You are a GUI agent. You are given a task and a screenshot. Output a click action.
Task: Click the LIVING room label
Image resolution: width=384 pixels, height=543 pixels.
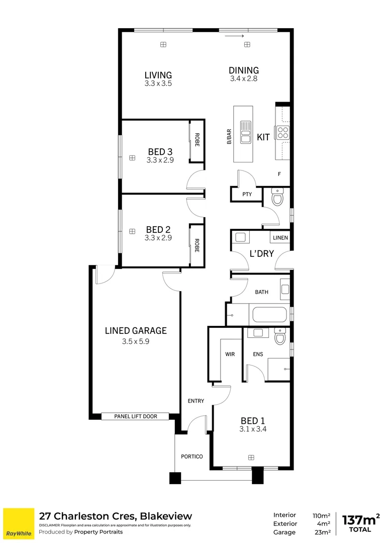click(158, 75)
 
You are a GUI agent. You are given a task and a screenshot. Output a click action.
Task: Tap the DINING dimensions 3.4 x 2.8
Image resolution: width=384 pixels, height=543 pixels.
click(244, 79)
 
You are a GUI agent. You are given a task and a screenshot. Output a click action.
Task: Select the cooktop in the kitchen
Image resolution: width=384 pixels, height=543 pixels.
click(283, 132)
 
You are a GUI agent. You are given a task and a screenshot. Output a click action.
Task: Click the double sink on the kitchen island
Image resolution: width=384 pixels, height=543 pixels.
click(246, 132)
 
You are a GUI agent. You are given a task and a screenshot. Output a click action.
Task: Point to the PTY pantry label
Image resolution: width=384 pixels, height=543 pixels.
click(246, 195)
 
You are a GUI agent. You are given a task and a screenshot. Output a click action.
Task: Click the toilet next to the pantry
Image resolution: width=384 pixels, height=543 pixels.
click(277, 198)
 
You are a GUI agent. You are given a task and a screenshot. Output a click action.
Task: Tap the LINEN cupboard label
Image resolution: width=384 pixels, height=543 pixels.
click(280, 237)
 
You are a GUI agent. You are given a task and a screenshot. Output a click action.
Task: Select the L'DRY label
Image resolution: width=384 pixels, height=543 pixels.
click(262, 253)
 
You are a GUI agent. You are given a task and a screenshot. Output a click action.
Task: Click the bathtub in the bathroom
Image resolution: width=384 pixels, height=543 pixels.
click(269, 315)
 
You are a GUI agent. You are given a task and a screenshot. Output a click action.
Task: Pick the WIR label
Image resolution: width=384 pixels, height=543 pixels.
click(230, 354)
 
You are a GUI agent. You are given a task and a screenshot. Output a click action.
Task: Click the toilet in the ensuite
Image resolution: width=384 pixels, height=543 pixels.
click(280, 337)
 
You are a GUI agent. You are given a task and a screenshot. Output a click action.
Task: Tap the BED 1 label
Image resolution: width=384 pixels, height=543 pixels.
click(253, 421)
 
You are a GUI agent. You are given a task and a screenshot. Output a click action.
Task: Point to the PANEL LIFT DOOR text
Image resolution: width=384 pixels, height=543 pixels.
click(136, 416)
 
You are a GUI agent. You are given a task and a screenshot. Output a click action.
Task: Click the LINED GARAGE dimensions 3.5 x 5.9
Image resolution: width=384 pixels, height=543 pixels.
click(136, 341)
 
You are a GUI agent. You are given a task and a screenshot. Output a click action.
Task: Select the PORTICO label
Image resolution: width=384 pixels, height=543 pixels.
click(191, 457)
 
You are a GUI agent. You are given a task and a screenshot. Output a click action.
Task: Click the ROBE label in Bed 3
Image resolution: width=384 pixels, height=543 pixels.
click(197, 139)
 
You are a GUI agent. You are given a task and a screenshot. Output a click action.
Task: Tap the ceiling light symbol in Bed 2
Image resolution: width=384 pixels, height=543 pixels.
click(132, 231)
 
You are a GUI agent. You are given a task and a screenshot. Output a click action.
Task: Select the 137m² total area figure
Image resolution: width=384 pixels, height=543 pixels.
click(360, 520)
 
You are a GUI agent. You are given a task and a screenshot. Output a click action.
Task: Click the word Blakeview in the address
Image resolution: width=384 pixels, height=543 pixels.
click(166, 516)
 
